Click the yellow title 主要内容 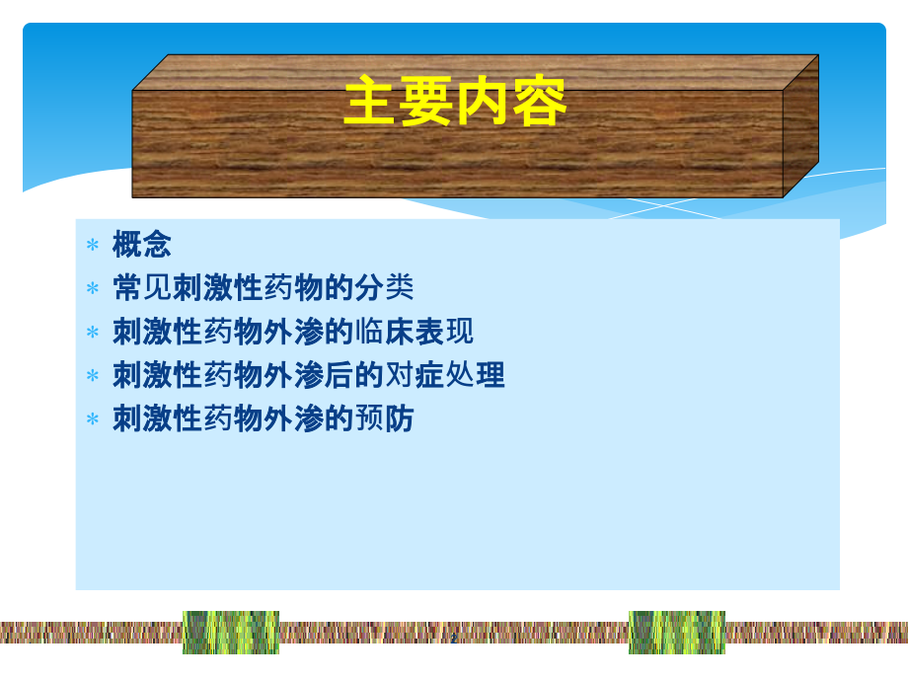click(x=455, y=104)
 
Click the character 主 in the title click(x=370, y=104)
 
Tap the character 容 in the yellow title click(x=540, y=104)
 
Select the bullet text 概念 click(x=142, y=245)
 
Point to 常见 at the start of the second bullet click(x=142, y=288)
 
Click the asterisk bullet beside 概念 click(x=93, y=246)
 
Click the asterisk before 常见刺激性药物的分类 click(x=93, y=289)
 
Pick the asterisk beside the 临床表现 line click(x=93, y=333)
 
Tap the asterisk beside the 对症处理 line click(x=93, y=376)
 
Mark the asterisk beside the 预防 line click(x=93, y=419)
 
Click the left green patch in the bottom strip click(x=231, y=633)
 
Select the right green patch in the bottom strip click(x=677, y=633)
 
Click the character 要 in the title click(x=426, y=104)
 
